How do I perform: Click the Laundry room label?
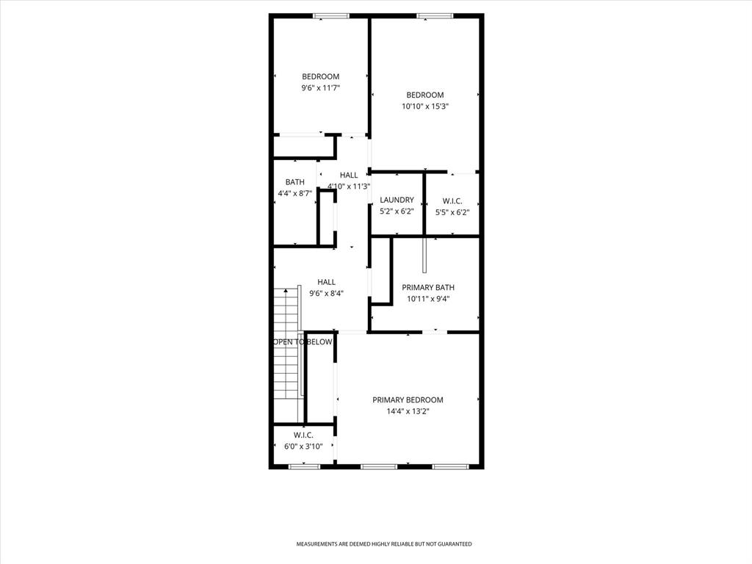pyautogui.click(x=397, y=200)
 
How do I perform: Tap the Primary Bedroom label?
pyautogui.click(x=408, y=400)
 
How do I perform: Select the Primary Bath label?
pyautogui.click(x=428, y=288)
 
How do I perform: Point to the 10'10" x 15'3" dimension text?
pyautogui.click(x=425, y=106)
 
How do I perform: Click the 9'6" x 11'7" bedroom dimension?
pyautogui.click(x=321, y=88)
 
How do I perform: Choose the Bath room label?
pyautogui.click(x=295, y=182)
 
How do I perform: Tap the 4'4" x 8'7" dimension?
pyautogui.click(x=295, y=194)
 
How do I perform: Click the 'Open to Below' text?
pyautogui.click(x=303, y=342)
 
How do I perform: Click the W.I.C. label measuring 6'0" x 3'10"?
pyautogui.click(x=303, y=435)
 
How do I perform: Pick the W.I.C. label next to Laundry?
pyautogui.click(x=452, y=200)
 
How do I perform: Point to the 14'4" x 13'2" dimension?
pyautogui.click(x=408, y=412)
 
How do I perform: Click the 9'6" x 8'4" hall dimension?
pyautogui.click(x=327, y=293)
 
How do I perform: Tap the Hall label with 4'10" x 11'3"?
pyautogui.click(x=349, y=175)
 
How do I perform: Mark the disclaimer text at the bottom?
pyautogui.click(x=384, y=544)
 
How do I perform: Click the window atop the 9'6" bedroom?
pyautogui.click(x=331, y=15)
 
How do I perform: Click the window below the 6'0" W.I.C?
pyautogui.click(x=304, y=466)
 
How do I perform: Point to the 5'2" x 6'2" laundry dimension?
pyautogui.click(x=397, y=211)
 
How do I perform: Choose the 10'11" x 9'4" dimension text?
pyautogui.click(x=428, y=299)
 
